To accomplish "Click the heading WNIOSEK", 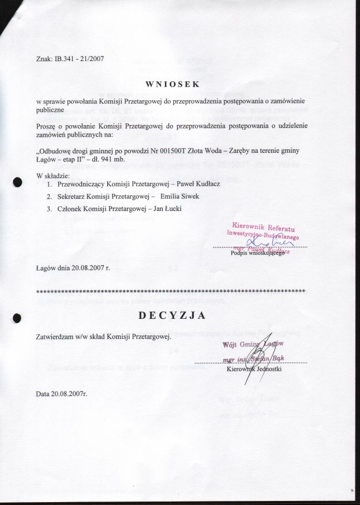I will click(171, 84).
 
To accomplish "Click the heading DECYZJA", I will click(171, 316).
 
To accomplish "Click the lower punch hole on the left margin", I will click(17, 316).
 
